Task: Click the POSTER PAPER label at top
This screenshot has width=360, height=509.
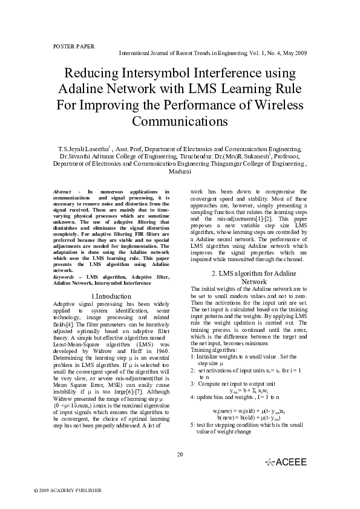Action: click(70, 46)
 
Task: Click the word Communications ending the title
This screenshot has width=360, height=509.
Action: click(180, 120)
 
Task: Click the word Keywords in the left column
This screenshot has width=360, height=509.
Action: click(65, 276)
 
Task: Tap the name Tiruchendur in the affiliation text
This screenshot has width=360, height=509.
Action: click(205, 156)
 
